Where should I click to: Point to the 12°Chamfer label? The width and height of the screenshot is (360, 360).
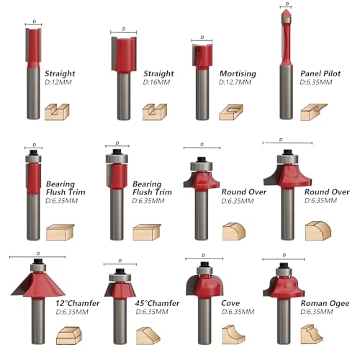(x=76, y=303)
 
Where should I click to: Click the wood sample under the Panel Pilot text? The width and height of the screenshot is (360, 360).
(x=312, y=110)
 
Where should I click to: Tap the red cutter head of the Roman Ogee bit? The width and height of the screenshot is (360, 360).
(x=284, y=284)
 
